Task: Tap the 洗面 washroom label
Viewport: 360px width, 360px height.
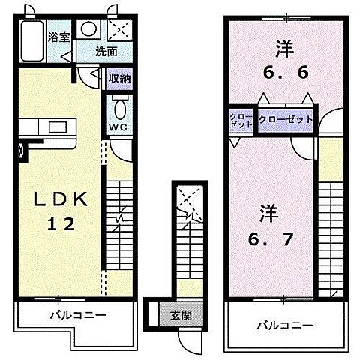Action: click(106, 52)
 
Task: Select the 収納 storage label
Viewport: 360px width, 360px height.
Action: click(119, 77)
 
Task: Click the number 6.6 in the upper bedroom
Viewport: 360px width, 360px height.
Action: click(281, 74)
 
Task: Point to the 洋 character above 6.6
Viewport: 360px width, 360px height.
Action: click(281, 49)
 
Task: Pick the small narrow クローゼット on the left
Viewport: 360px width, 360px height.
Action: click(241, 121)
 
